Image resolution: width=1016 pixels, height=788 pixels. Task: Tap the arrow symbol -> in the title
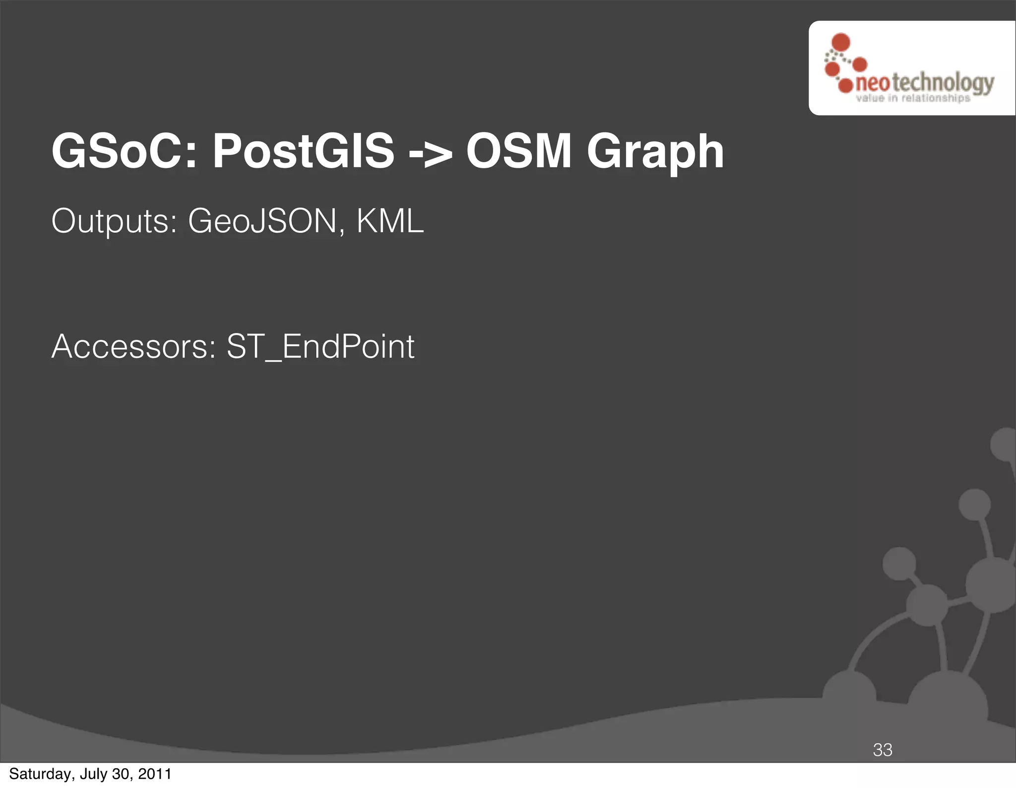pyautogui.click(x=430, y=152)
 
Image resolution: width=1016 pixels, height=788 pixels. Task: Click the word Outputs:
pyautogui.click(x=114, y=221)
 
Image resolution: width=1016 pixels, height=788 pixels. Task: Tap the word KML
pyautogui.click(x=390, y=221)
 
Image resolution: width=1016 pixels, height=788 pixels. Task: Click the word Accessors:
pyautogui.click(x=134, y=346)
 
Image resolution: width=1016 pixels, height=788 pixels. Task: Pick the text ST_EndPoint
pyautogui.click(x=320, y=346)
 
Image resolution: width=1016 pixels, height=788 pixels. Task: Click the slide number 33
pyautogui.click(x=883, y=750)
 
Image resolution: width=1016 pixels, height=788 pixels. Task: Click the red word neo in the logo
pyautogui.click(x=872, y=83)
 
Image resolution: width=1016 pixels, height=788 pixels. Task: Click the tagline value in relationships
pyautogui.click(x=913, y=98)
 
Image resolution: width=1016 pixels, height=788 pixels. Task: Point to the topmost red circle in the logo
pyautogui.click(x=840, y=42)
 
